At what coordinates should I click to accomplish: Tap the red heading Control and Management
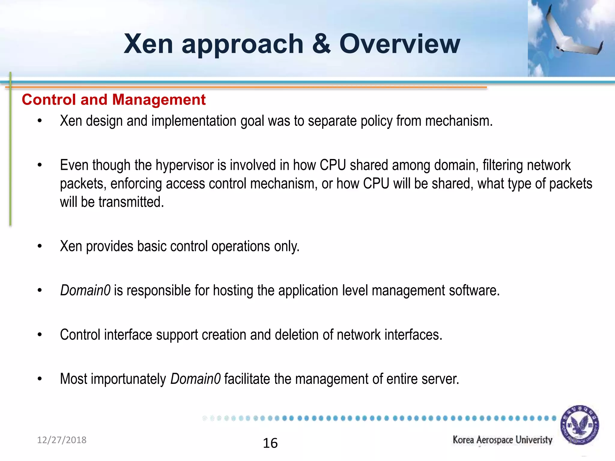point(114,100)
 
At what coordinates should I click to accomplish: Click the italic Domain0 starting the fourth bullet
point(85,291)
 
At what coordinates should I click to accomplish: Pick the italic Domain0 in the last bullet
point(195,379)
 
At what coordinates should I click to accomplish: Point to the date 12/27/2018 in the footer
point(62,440)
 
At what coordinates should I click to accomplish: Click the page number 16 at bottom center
point(270,443)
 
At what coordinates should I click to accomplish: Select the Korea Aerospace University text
point(502,440)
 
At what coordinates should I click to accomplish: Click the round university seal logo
point(580,425)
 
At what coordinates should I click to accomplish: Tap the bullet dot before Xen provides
point(40,246)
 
